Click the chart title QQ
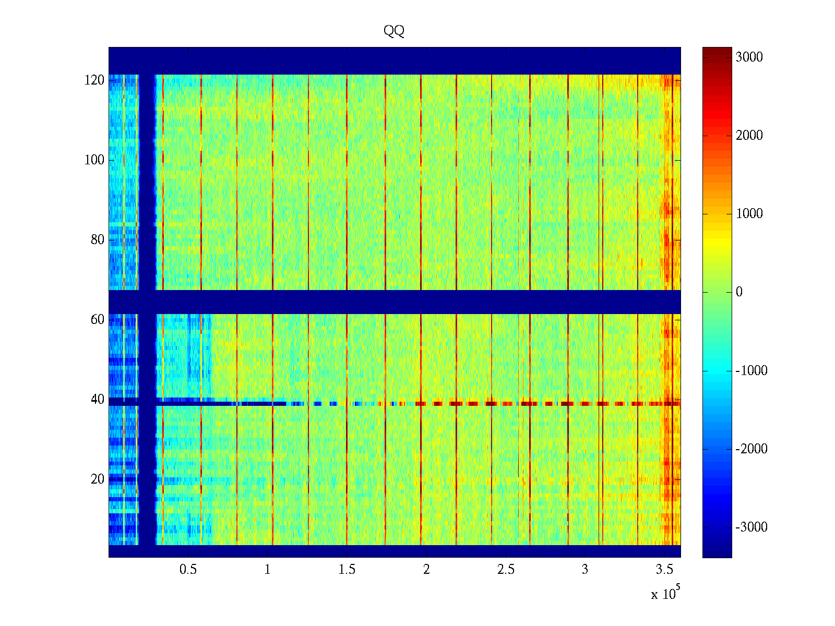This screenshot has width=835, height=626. (x=394, y=31)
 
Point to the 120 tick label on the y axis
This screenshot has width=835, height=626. (x=94, y=80)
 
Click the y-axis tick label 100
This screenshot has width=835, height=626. (x=94, y=160)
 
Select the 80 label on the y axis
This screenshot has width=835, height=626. (x=97, y=240)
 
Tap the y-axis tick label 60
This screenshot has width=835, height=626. (x=97, y=320)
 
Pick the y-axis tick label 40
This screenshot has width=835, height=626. (x=97, y=400)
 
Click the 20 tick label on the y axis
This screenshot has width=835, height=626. (x=97, y=479)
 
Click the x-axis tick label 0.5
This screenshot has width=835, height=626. (x=188, y=570)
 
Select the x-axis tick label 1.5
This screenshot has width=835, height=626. (x=347, y=570)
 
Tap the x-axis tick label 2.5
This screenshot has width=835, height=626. (x=505, y=570)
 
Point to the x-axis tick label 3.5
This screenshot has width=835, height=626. (x=664, y=570)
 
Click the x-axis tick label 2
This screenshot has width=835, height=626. (x=426, y=570)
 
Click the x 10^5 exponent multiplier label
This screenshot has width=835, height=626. (x=665, y=593)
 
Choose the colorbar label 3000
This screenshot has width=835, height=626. (x=749, y=57)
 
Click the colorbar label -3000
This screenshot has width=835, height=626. (x=751, y=527)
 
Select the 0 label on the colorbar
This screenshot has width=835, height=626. (x=739, y=292)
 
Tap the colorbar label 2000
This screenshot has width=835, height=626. (x=749, y=136)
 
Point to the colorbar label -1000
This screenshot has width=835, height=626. (x=751, y=371)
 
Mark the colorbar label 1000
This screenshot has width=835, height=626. (x=749, y=214)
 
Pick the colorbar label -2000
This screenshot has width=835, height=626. (x=751, y=449)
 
